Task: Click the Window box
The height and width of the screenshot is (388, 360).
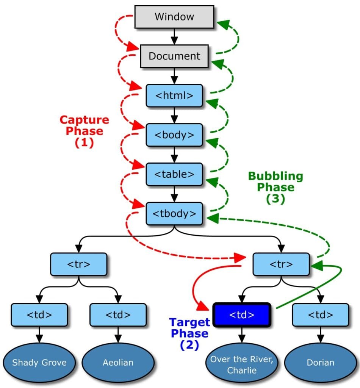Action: [x=174, y=17]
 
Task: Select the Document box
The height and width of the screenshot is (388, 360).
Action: [x=174, y=56]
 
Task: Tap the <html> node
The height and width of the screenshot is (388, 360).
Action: [x=174, y=95]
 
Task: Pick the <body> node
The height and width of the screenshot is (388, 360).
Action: [x=174, y=135]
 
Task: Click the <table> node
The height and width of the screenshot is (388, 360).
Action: [x=174, y=174]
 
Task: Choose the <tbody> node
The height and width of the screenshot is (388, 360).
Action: [x=174, y=213]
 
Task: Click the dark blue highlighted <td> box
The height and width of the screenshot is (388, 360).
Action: [x=241, y=314]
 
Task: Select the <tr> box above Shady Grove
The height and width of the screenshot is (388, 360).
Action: [x=79, y=264]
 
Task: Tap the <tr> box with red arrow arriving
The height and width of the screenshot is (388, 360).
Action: [x=281, y=264]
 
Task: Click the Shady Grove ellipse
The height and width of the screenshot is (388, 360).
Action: [x=39, y=362]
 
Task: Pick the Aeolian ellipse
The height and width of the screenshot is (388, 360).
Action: [x=118, y=362]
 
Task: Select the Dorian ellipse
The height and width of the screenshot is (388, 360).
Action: [x=321, y=362]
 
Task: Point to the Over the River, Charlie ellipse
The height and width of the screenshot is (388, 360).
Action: [x=242, y=365]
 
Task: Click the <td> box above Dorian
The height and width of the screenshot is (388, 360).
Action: [x=321, y=314]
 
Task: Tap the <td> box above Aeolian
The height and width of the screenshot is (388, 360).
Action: [x=118, y=314]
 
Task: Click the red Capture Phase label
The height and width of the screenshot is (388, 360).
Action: [x=84, y=131]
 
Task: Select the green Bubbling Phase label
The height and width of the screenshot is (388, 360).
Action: [x=275, y=187]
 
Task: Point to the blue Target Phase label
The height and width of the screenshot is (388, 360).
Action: [x=189, y=333]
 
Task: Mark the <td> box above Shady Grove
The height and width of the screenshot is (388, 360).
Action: [x=39, y=314]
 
